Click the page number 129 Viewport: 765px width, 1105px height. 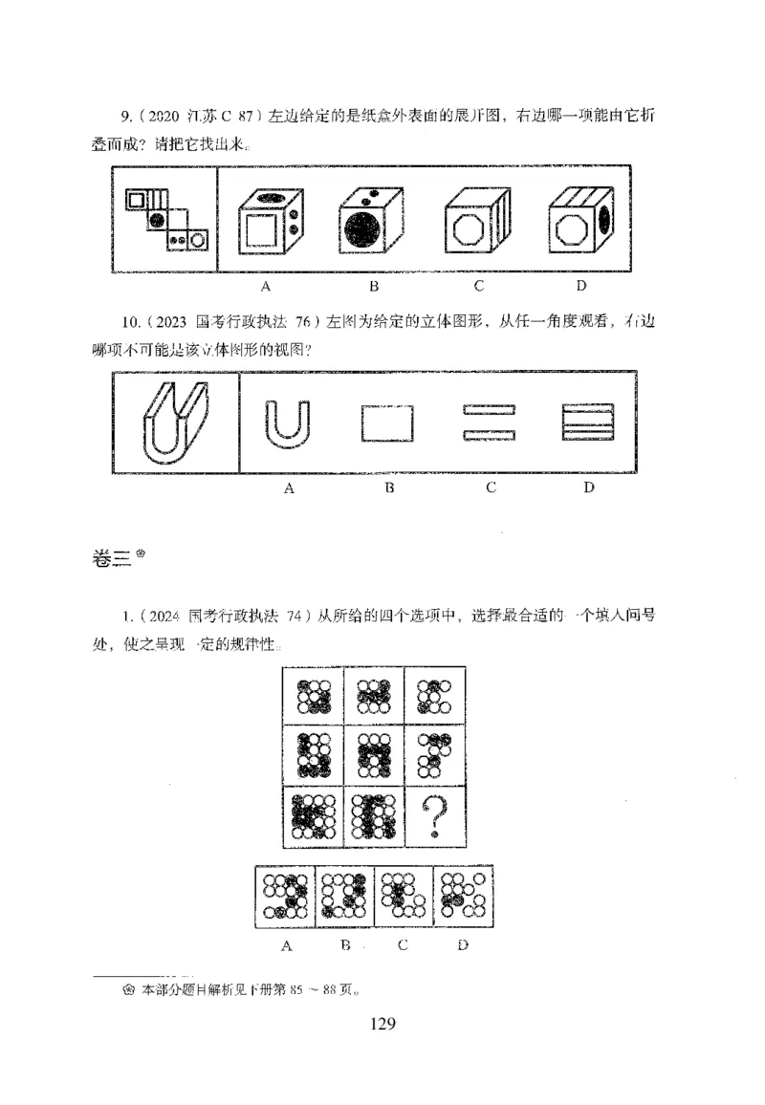[382, 1025]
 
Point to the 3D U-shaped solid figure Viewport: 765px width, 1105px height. [175, 422]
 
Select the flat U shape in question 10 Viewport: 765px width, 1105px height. [287, 423]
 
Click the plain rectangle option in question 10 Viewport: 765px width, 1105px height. [387, 423]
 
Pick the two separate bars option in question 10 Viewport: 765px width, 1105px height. [489, 422]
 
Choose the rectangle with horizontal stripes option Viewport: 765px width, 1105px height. [588, 422]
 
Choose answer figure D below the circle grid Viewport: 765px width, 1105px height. [463, 896]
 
